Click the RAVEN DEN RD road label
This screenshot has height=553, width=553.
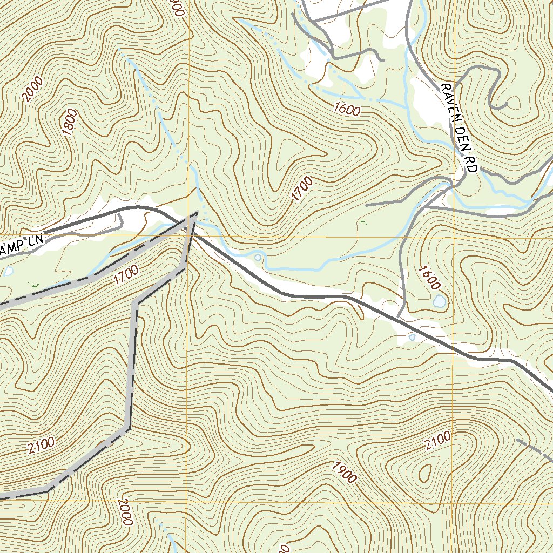tap(458, 128)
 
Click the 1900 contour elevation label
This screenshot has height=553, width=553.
tap(344, 472)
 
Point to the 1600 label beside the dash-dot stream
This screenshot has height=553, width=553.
tap(347, 110)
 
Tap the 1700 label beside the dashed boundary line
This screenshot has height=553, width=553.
tap(126, 273)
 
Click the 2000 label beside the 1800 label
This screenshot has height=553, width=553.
tap(33, 89)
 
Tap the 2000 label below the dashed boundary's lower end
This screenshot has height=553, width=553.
tap(124, 512)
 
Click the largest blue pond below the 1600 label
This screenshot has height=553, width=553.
tap(440, 301)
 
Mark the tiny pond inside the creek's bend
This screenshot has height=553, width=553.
tap(258, 258)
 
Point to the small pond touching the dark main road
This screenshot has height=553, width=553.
tap(412, 338)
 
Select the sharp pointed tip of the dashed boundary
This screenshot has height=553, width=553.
tap(195, 214)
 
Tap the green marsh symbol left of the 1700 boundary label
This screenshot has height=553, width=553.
tap(35, 285)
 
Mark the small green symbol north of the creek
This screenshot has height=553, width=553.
tap(362, 221)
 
